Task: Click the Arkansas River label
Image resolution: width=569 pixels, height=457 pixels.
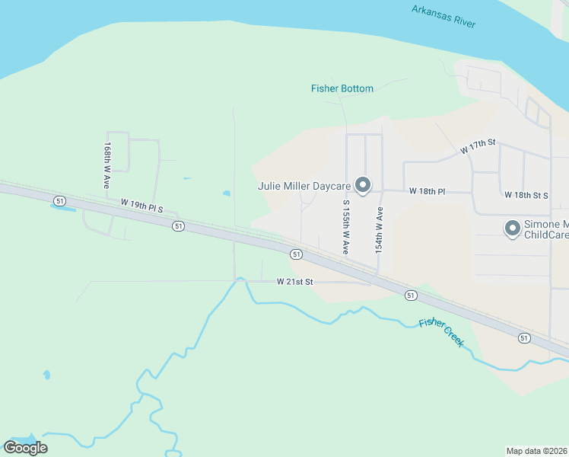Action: (x=443, y=16)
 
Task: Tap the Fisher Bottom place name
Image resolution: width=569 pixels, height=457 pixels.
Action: (x=342, y=88)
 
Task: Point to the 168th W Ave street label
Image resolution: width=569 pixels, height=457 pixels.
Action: (x=108, y=165)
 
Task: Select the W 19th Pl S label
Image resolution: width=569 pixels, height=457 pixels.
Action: (x=142, y=206)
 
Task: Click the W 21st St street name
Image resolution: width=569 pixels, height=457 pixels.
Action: (x=295, y=282)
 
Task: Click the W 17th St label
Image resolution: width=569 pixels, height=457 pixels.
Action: (x=478, y=146)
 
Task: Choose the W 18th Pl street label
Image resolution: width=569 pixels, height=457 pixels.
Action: (x=427, y=190)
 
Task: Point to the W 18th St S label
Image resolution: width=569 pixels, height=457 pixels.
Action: (x=526, y=195)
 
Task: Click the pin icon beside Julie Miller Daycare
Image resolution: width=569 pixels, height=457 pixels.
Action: (x=364, y=186)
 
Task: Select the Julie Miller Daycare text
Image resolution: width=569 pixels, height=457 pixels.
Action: (x=304, y=186)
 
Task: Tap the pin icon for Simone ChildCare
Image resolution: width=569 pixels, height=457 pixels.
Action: (x=512, y=228)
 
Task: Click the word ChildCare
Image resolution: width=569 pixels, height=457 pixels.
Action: (x=547, y=235)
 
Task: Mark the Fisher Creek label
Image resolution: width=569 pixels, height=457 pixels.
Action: (x=442, y=333)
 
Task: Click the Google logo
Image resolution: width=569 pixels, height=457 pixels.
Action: (x=25, y=448)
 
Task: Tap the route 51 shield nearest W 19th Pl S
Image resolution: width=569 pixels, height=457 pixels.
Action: (x=178, y=226)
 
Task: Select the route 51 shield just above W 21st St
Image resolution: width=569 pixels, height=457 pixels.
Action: (x=295, y=254)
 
